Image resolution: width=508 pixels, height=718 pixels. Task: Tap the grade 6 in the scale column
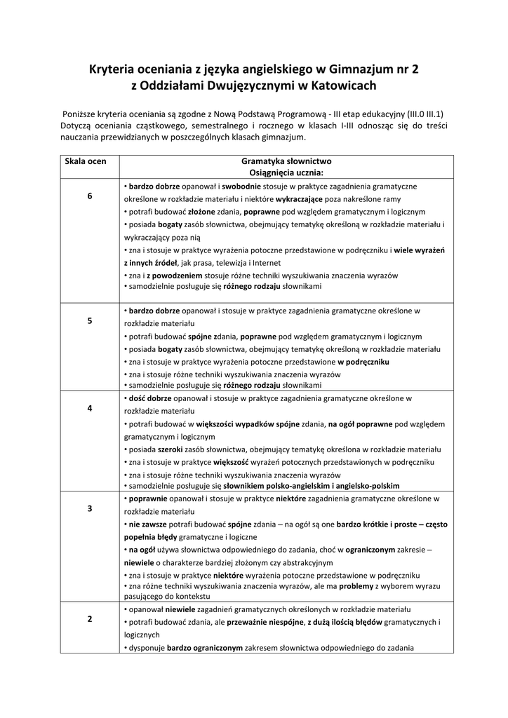(x=90, y=196)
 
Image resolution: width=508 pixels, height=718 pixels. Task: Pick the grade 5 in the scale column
(x=90, y=320)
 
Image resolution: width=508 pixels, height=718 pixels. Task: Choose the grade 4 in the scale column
(x=90, y=408)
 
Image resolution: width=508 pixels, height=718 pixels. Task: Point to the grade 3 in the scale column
(x=90, y=508)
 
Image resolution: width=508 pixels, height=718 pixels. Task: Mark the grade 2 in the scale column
(x=90, y=619)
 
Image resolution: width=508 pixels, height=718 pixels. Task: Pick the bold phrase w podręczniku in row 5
(x=363, y=362)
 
